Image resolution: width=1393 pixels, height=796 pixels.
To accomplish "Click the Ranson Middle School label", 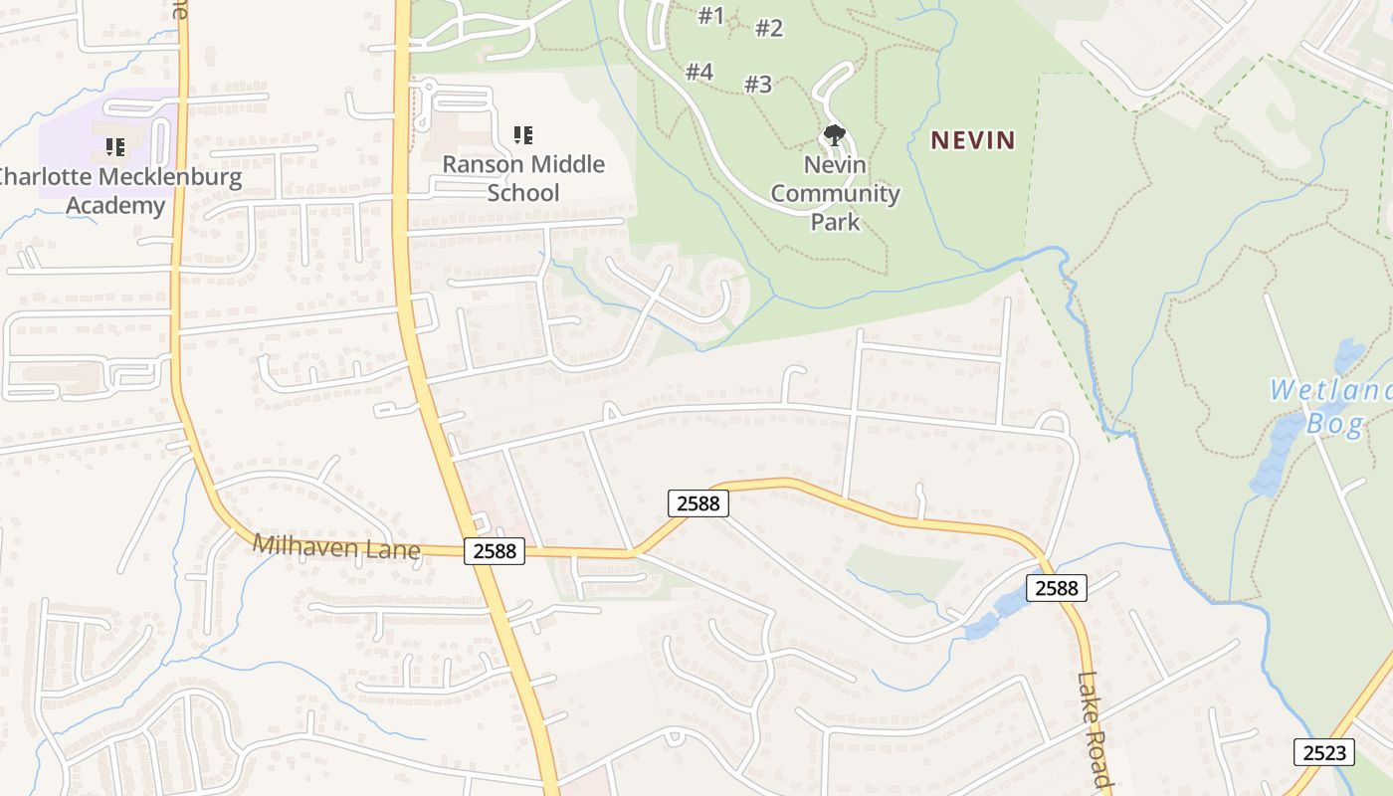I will [523, 178].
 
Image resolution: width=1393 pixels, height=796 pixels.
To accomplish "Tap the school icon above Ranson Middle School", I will [523, 134].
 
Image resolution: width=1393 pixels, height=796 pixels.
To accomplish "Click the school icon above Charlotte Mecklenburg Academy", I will [115, 147].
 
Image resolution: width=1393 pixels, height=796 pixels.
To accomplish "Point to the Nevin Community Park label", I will [835, 192].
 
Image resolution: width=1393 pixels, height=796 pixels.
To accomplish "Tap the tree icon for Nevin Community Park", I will [834, 134].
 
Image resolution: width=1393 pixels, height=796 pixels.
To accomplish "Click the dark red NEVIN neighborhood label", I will [972, 140].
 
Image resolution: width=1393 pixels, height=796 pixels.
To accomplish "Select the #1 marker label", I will [710, 16].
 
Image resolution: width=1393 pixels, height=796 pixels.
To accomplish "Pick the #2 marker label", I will [769, 28].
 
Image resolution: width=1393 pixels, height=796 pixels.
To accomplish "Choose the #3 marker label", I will [758, 84].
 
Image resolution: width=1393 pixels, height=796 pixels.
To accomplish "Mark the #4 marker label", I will [699, 72].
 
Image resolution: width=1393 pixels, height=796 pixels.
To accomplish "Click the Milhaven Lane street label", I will [336, 547].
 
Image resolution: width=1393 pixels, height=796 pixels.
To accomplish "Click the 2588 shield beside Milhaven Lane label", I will [494, 550].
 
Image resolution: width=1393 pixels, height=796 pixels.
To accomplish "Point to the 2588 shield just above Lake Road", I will [1056, 588].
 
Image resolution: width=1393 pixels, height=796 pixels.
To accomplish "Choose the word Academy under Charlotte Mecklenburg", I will [115, 206].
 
